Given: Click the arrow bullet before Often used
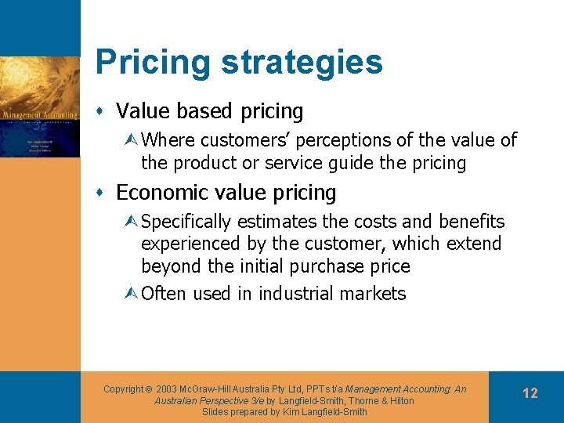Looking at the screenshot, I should (x=131, y=294).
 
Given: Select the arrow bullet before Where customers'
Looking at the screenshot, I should (x=131, y=140).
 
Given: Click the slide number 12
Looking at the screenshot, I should (x=530, y=393).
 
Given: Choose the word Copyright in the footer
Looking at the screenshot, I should (x=123, y=389).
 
